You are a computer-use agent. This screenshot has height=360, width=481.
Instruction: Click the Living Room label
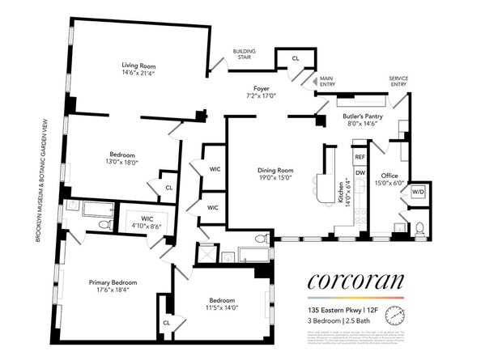click(x=138, y=66)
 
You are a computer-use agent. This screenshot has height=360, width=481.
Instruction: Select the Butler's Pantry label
click(x=364, y=116)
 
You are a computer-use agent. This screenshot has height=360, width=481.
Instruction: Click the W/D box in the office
click(x=419, y=193)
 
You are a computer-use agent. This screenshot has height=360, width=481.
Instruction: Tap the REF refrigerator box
click(x=360, y=155)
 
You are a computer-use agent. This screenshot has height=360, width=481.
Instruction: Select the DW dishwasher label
click(x=360, y=173)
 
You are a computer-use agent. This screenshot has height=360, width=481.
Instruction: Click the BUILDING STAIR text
click(x=245, y=53)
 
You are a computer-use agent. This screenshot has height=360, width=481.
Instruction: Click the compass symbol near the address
click(x=394, y=312)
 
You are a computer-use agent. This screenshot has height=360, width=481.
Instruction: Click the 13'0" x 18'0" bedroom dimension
click(x=121, y=162)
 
